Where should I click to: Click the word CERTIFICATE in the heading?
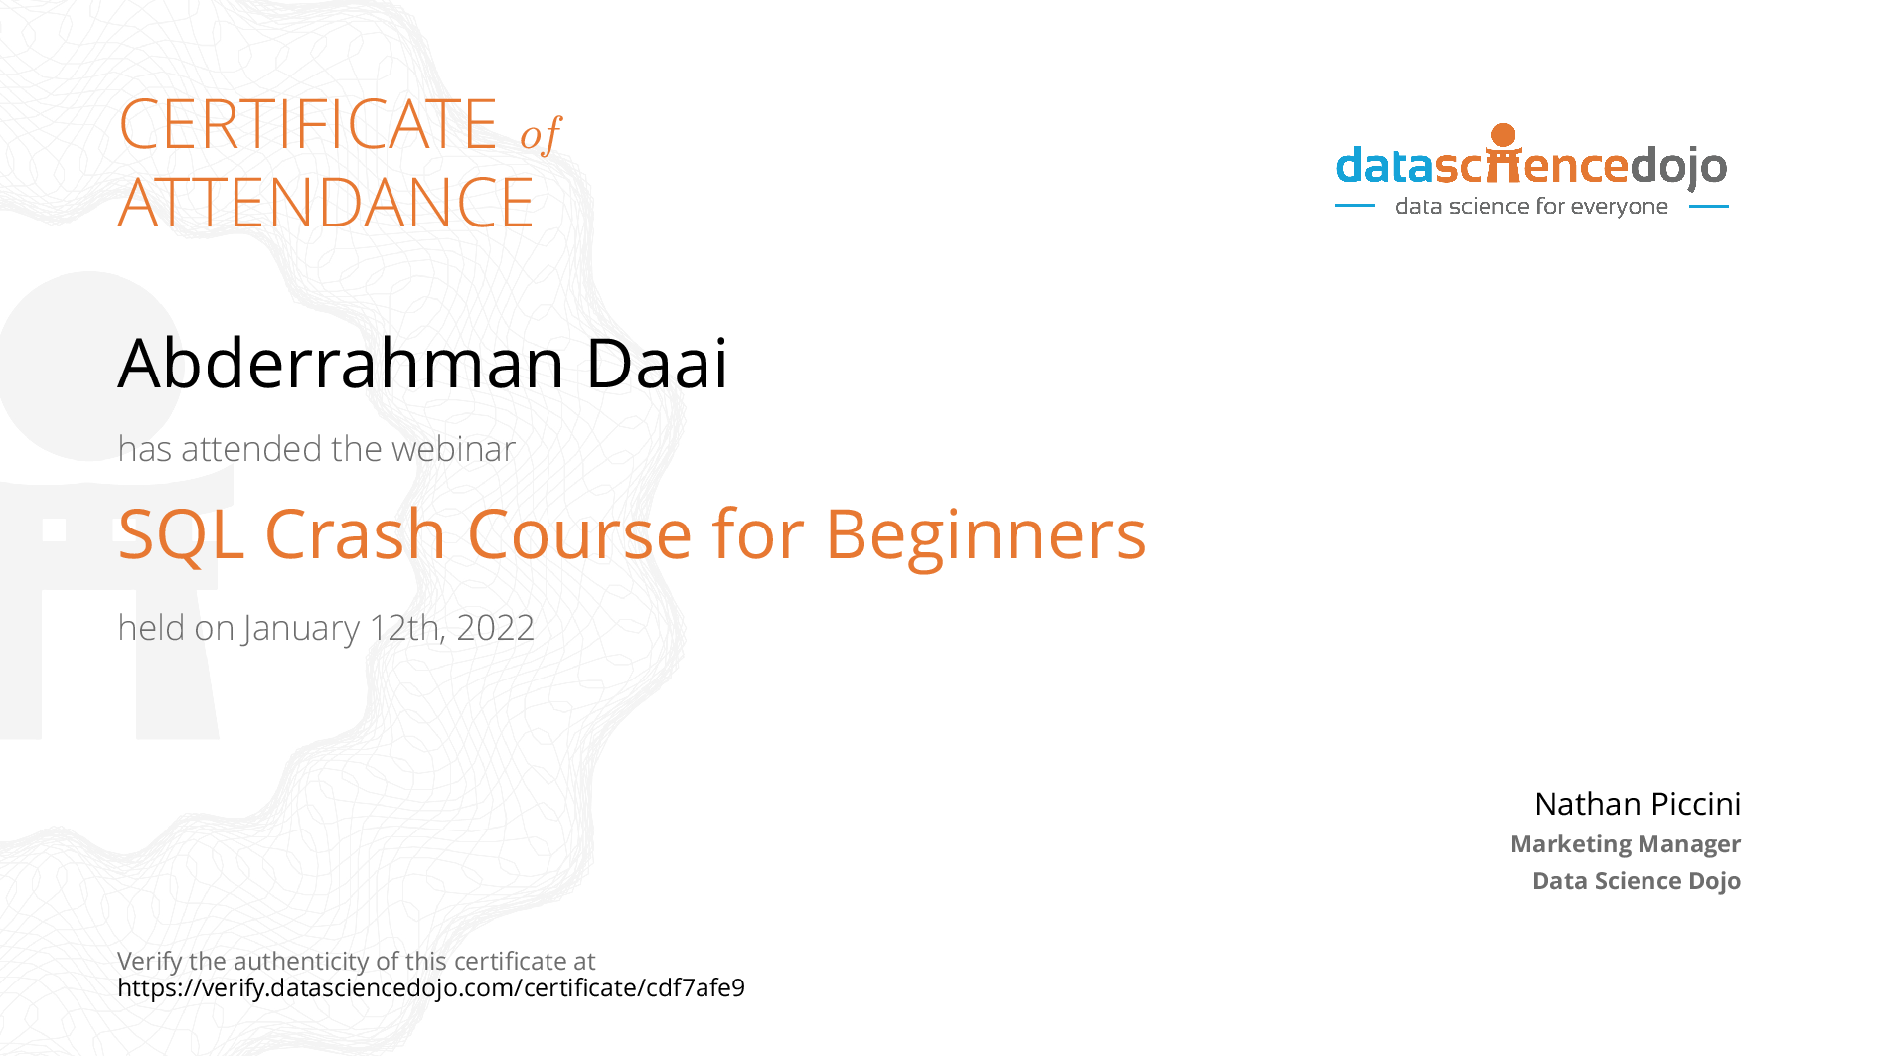(308, 124)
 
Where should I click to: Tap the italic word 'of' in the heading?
(542, 134)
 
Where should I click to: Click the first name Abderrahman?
(342, 363)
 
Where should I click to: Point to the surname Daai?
(657, 363)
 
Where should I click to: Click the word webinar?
(453, 449)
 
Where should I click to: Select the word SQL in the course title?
(181, 535)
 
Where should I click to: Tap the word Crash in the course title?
(355, 534)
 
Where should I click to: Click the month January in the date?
(301, 629)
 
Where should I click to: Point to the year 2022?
(495, 628)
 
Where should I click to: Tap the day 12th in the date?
(406, 628)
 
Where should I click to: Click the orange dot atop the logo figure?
(1504, 135)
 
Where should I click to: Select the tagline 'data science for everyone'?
(1531, 206)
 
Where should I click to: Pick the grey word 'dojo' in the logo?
(1679, 167)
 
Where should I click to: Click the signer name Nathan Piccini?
(1638, 803)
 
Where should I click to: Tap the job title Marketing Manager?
(1626, 844)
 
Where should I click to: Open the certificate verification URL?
(431, 987)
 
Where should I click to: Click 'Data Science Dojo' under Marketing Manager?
(1637, 881)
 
